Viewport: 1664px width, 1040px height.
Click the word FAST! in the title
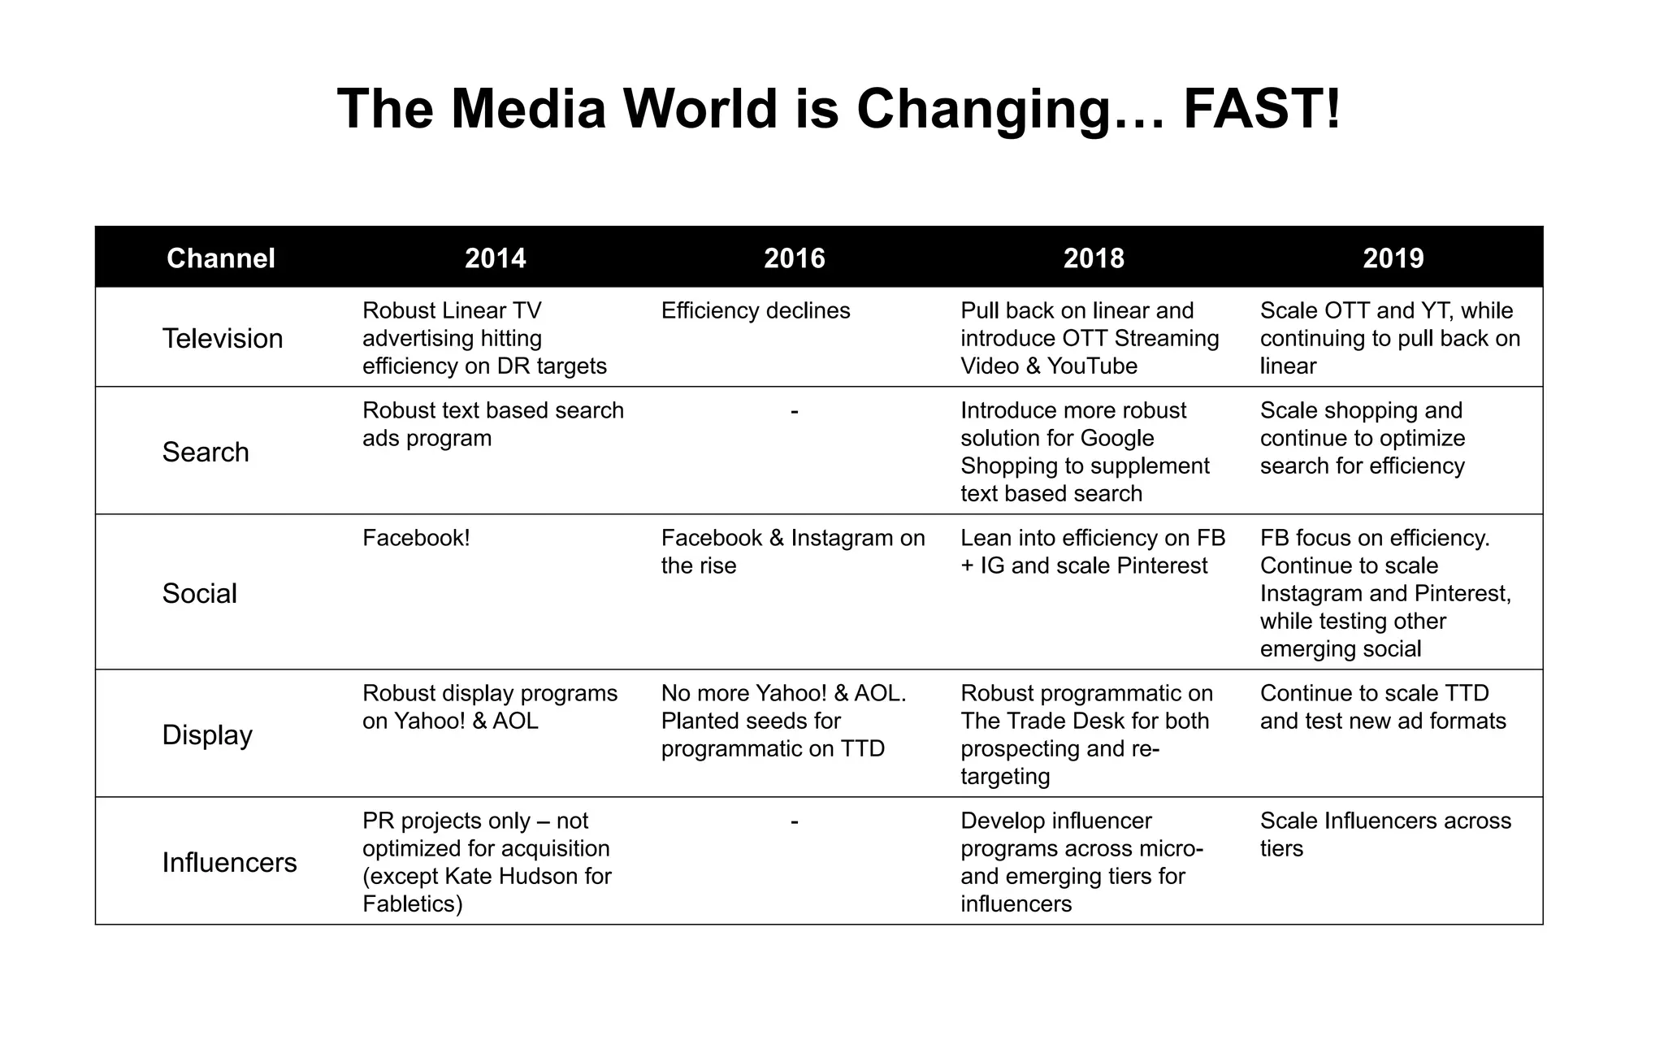pos(1262,109)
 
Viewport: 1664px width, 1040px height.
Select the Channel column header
pos(221,258)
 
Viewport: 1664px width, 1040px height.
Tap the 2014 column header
pos(496,258)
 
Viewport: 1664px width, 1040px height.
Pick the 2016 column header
pos(795,258)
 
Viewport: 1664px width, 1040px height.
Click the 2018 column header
pos(1094,258)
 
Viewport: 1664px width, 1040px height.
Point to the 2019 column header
pos(1393,258)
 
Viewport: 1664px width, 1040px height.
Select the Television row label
pos(223,338)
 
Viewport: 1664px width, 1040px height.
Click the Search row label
pos(206,452)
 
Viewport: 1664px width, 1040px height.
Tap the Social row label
pos(200,593)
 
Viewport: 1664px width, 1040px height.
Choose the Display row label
pos(207,734)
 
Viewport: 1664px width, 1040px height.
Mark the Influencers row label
pos(230,862)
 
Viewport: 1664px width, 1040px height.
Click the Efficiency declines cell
pos(756,310)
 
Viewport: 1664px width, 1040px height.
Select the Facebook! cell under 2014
pos(416,538)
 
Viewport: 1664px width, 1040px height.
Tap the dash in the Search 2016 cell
pos(795,411)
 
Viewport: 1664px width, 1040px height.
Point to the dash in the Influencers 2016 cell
pos(795,821)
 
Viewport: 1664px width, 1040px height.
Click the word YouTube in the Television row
pos(1092,366)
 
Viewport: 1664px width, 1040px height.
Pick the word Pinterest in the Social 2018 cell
pos(1162,565)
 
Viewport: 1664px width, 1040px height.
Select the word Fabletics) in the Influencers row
pos(413,903)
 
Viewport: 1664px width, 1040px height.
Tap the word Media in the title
pos(529,109)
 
